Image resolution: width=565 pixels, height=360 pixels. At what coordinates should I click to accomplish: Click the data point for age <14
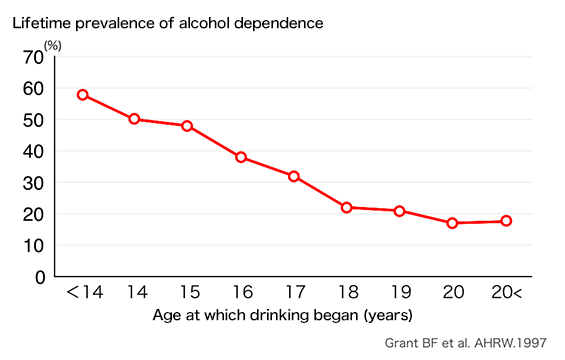coord(83,95)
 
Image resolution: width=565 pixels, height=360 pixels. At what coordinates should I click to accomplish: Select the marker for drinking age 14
coord(135,119)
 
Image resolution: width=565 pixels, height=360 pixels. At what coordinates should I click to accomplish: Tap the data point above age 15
coord(187,126)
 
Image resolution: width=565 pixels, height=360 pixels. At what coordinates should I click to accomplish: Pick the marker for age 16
coord(241,157)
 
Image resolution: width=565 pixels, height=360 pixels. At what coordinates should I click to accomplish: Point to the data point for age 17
coord(294,176)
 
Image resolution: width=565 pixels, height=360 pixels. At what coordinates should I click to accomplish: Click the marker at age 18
coord(346,207)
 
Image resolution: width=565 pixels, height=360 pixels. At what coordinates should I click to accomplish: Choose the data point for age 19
coord(399,211)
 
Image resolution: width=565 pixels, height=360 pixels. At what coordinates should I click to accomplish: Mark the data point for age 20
coord(452,223)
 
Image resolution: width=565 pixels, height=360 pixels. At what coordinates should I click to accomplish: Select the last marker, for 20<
coord(506,221)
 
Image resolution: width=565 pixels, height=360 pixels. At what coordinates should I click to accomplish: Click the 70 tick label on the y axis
coord(33,57)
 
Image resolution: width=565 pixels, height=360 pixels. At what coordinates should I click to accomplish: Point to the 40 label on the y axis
coord(33,151)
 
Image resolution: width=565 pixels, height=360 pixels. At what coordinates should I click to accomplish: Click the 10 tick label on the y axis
coord(33,245)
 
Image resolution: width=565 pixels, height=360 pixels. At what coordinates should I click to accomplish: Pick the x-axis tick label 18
coord(346,292)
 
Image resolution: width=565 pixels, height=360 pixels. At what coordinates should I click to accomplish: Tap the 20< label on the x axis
coord(506,292)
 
